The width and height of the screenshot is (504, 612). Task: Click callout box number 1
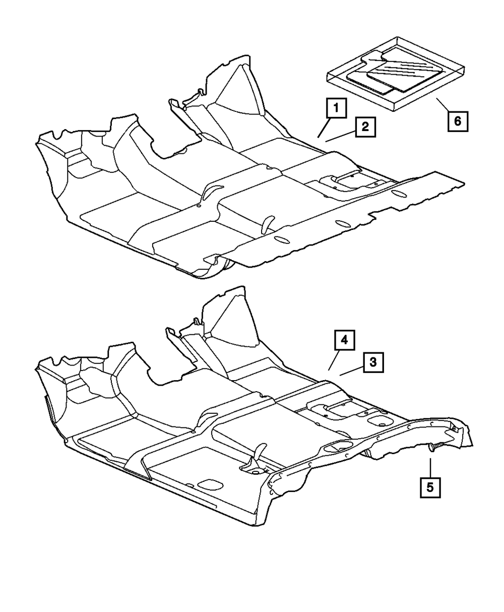coord(337,108)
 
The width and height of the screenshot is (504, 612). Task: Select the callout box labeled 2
coord(364,127)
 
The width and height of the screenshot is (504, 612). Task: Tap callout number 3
coord(372,362)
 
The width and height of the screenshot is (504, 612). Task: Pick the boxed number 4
coord(343,341)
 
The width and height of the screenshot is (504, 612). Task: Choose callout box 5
coord(430,487)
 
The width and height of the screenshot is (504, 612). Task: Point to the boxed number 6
coord(458,121)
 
